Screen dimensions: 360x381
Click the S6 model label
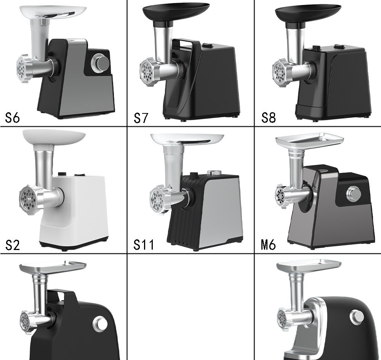12,118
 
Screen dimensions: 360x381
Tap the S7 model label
140,118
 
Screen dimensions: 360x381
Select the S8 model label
268,118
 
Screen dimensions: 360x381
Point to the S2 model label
12,245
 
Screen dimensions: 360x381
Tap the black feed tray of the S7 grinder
176,10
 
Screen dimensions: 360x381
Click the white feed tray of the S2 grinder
54,137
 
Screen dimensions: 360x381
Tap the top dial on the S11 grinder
211,172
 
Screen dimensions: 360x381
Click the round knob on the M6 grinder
354,194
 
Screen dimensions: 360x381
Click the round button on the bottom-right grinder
357,316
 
